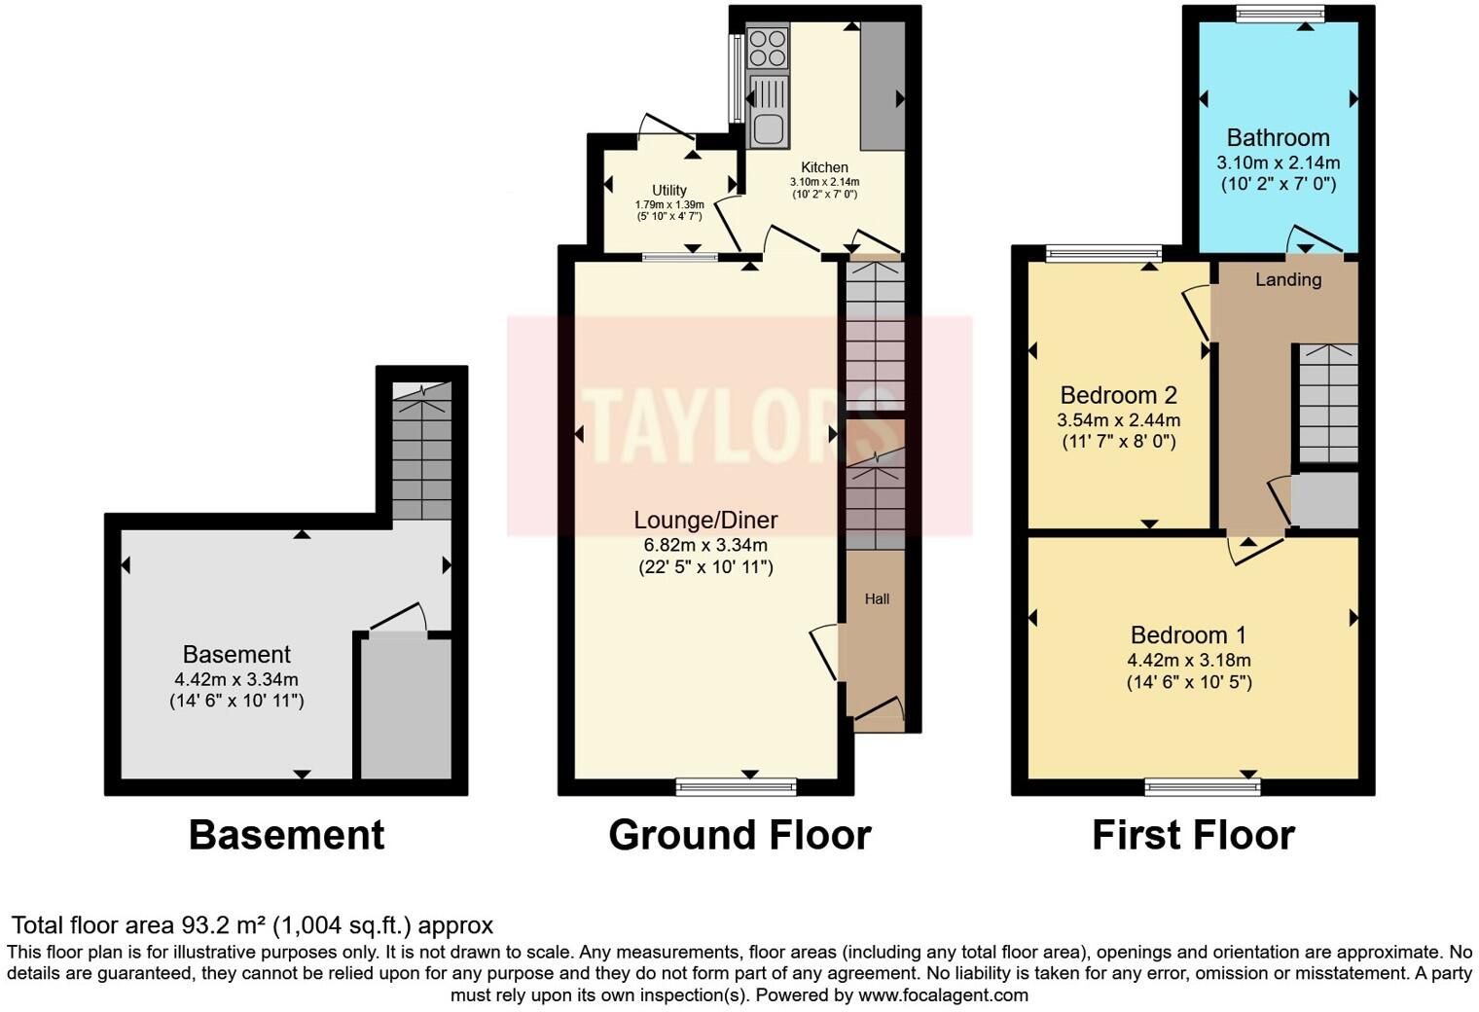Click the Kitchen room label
click(824, 167)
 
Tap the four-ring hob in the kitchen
click(767, 48)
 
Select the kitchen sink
click(768, 112)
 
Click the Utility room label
click(669, 190)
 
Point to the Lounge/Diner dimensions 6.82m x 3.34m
click(705, 545)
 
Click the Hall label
click(877, 599)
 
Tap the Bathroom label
click(1278, 137)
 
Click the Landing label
click(1287, 280)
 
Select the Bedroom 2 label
click(1118, 395)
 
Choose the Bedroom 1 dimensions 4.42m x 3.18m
click(1188, 660)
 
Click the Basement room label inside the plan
click(236, 654)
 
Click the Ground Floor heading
click(739, 835)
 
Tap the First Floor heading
click(1193, 835)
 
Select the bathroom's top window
click(1280, 13)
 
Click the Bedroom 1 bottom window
click(1202, 786)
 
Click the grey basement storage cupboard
click(406, 707)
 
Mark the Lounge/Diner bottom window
click(736, 786)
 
